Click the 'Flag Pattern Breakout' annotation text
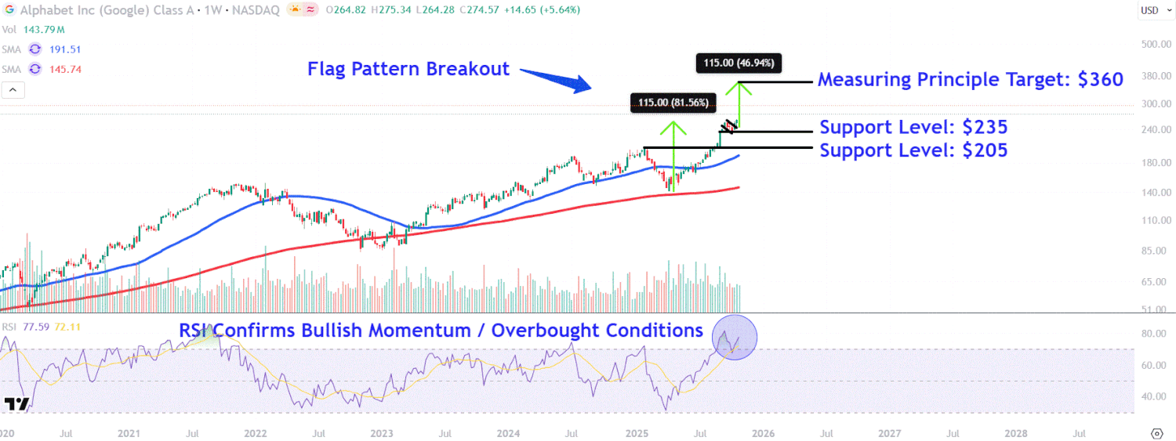[x=408, y=69]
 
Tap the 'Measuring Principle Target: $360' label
[x=971, y=79]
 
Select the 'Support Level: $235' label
[x=913, y=128]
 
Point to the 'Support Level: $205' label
[x=913, y=150]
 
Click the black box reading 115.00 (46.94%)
[x=739, y=63]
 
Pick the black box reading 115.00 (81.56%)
[x=673, y=103]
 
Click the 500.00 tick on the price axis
[x=1156, y=45]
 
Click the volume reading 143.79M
[x=43, y=29]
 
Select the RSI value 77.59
[x=34, y=327]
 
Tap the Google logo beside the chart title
[x=10, y=9]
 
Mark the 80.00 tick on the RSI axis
[x=1156, y=334]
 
